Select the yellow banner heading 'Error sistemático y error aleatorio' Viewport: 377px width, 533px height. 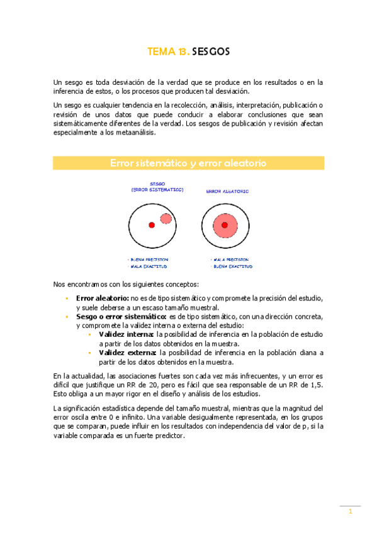(x=188, y=163)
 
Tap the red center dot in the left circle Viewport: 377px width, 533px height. (x=152, y=225)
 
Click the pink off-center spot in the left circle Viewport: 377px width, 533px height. (x=166, y=218)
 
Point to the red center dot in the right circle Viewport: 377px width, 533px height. (x=224, y=225)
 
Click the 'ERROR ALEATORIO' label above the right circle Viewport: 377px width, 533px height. (x=227, y=191)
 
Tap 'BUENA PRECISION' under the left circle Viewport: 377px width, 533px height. (x=149, y=259)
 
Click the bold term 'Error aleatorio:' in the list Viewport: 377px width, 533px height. (x=102, y=297)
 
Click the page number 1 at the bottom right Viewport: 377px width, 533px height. (x=351, y=512)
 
